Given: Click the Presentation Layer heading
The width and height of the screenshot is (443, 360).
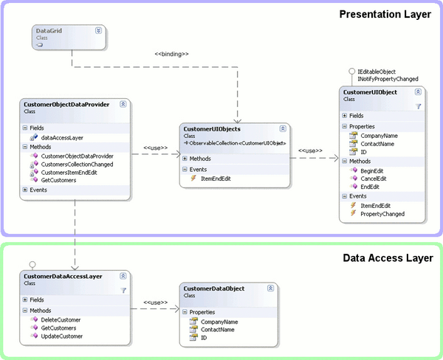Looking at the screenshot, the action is pos(385,14).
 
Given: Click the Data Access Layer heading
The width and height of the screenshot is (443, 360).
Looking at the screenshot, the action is pos(388,257).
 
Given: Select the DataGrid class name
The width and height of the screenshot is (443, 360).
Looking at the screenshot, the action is pos(49,31).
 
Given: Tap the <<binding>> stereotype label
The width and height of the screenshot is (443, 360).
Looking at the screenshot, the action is pos(171,54).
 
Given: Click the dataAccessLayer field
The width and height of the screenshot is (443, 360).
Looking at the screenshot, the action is pos(62,138).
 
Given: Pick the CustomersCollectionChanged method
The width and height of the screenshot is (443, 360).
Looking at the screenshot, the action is pos(77,165).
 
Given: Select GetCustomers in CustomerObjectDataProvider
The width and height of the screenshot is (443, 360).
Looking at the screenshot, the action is pos(59,180).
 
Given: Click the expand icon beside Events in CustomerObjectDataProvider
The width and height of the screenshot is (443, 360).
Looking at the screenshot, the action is pos(25,190).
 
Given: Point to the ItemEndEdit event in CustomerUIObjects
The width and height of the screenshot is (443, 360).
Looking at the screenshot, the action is pos(216,179).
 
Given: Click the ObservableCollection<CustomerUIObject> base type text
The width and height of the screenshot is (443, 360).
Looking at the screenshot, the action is pos(238,143).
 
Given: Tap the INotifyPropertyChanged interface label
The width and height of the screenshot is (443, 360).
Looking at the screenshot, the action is pos(388,79).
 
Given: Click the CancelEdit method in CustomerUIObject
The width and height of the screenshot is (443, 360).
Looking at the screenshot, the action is pos(374,179).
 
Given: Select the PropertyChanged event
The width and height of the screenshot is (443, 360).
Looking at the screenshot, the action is pos(382,214).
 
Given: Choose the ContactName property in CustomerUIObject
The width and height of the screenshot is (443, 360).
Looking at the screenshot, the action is pos(377,144).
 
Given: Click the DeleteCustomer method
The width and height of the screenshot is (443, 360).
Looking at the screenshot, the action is pos(61,319).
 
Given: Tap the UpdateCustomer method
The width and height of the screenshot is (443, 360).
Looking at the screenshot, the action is pos(62,336).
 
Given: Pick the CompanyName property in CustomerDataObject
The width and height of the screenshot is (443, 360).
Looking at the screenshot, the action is pos(219,322).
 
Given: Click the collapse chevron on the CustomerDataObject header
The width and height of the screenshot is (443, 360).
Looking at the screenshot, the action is pos(270,288).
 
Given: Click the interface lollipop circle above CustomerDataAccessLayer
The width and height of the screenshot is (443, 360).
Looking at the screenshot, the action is pos(32,264).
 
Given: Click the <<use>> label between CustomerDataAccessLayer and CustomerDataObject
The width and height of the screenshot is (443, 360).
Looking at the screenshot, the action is pos(155,302).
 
